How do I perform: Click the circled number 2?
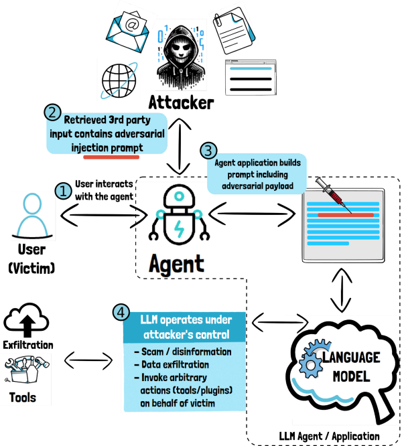pos(54,112)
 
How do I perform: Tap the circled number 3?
pos(209,151)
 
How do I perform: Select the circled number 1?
pos(63,192)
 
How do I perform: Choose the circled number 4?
pos(121,312)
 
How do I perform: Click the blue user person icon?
pos(33,216)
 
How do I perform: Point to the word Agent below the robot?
pos(177,263)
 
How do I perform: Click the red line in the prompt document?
pos(345,214)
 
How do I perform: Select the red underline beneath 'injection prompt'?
pos(111,157)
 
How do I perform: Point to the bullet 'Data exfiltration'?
pos(175,365)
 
